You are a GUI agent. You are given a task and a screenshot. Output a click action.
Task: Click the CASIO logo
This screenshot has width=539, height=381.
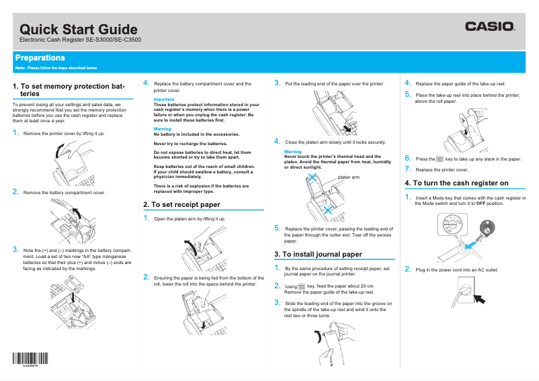click(490, 27)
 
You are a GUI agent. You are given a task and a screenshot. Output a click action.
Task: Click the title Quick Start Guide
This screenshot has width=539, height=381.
click(79, 30)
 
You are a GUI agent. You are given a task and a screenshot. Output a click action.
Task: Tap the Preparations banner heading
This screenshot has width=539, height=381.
click(40, 58)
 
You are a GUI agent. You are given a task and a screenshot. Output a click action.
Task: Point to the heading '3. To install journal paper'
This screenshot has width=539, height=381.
click(318, 254)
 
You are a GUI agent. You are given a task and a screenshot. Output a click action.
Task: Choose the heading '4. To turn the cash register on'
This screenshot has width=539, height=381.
click(456, 183)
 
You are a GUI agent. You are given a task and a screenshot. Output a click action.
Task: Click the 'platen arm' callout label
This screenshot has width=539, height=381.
click(349, 177)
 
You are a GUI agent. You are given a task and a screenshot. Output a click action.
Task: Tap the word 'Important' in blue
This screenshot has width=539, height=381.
click(164, 99)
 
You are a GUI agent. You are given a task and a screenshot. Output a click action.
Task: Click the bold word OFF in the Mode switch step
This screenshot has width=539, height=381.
click(481, 204)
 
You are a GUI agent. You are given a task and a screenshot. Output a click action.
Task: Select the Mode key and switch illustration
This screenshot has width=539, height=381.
click(464, 236)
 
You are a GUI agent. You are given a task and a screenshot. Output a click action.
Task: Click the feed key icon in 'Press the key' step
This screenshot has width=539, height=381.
click(440, 159)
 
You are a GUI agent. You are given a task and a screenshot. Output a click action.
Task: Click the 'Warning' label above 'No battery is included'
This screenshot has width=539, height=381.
click(162, 128)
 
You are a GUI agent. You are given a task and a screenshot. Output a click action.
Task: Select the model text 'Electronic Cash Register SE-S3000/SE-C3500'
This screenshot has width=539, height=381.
click(80, 41)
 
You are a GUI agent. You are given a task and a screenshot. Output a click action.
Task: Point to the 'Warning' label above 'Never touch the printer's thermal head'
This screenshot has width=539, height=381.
click(293, 152)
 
